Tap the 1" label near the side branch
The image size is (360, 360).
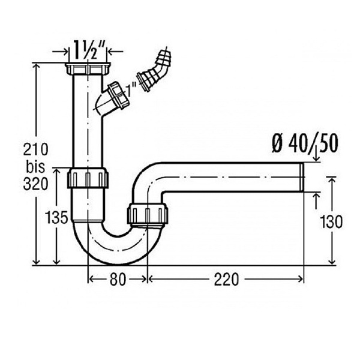click(x=132, y=89)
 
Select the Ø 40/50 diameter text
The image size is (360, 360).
click(x=305, y=144)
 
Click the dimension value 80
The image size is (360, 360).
click(x=118, y=280)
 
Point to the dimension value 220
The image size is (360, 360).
click(x=226, y=280)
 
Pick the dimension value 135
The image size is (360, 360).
click(x=56, y=217)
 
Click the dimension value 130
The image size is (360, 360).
click(x=331, y=222)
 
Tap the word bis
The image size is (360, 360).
click(x=35, y=167)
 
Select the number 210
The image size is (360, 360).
click(x=35, y=149)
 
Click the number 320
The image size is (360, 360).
click(x=35, y=184)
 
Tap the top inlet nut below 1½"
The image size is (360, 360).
click(x=88, y=69)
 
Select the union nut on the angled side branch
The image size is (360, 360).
click(x=118, y=94)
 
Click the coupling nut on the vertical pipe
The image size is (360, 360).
click(x=88, y=178)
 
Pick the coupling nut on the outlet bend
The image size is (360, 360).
click(x=148, y=214)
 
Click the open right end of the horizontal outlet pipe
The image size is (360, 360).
click(x=302, y=177)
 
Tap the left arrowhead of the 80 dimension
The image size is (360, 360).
click(x=90, y=279)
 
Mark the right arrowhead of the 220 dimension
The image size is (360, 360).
click(x=301, y=280)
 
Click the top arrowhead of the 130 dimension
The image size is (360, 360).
click(x=331, y=179)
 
